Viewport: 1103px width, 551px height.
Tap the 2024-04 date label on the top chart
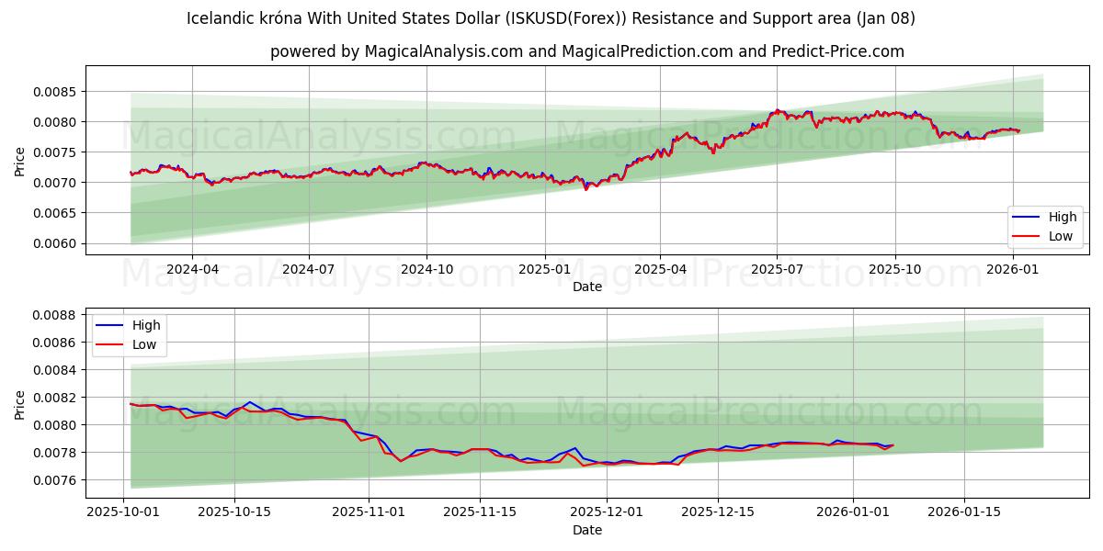click(x=192, y=269)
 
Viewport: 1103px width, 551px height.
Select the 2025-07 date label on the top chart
click(x=777, y=269)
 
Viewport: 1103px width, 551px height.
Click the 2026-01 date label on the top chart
click(x=1012, y=269)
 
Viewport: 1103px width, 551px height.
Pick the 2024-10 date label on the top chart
click(x=426, y=269)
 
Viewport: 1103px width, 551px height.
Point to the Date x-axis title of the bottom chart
click(x=587, y=530)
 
